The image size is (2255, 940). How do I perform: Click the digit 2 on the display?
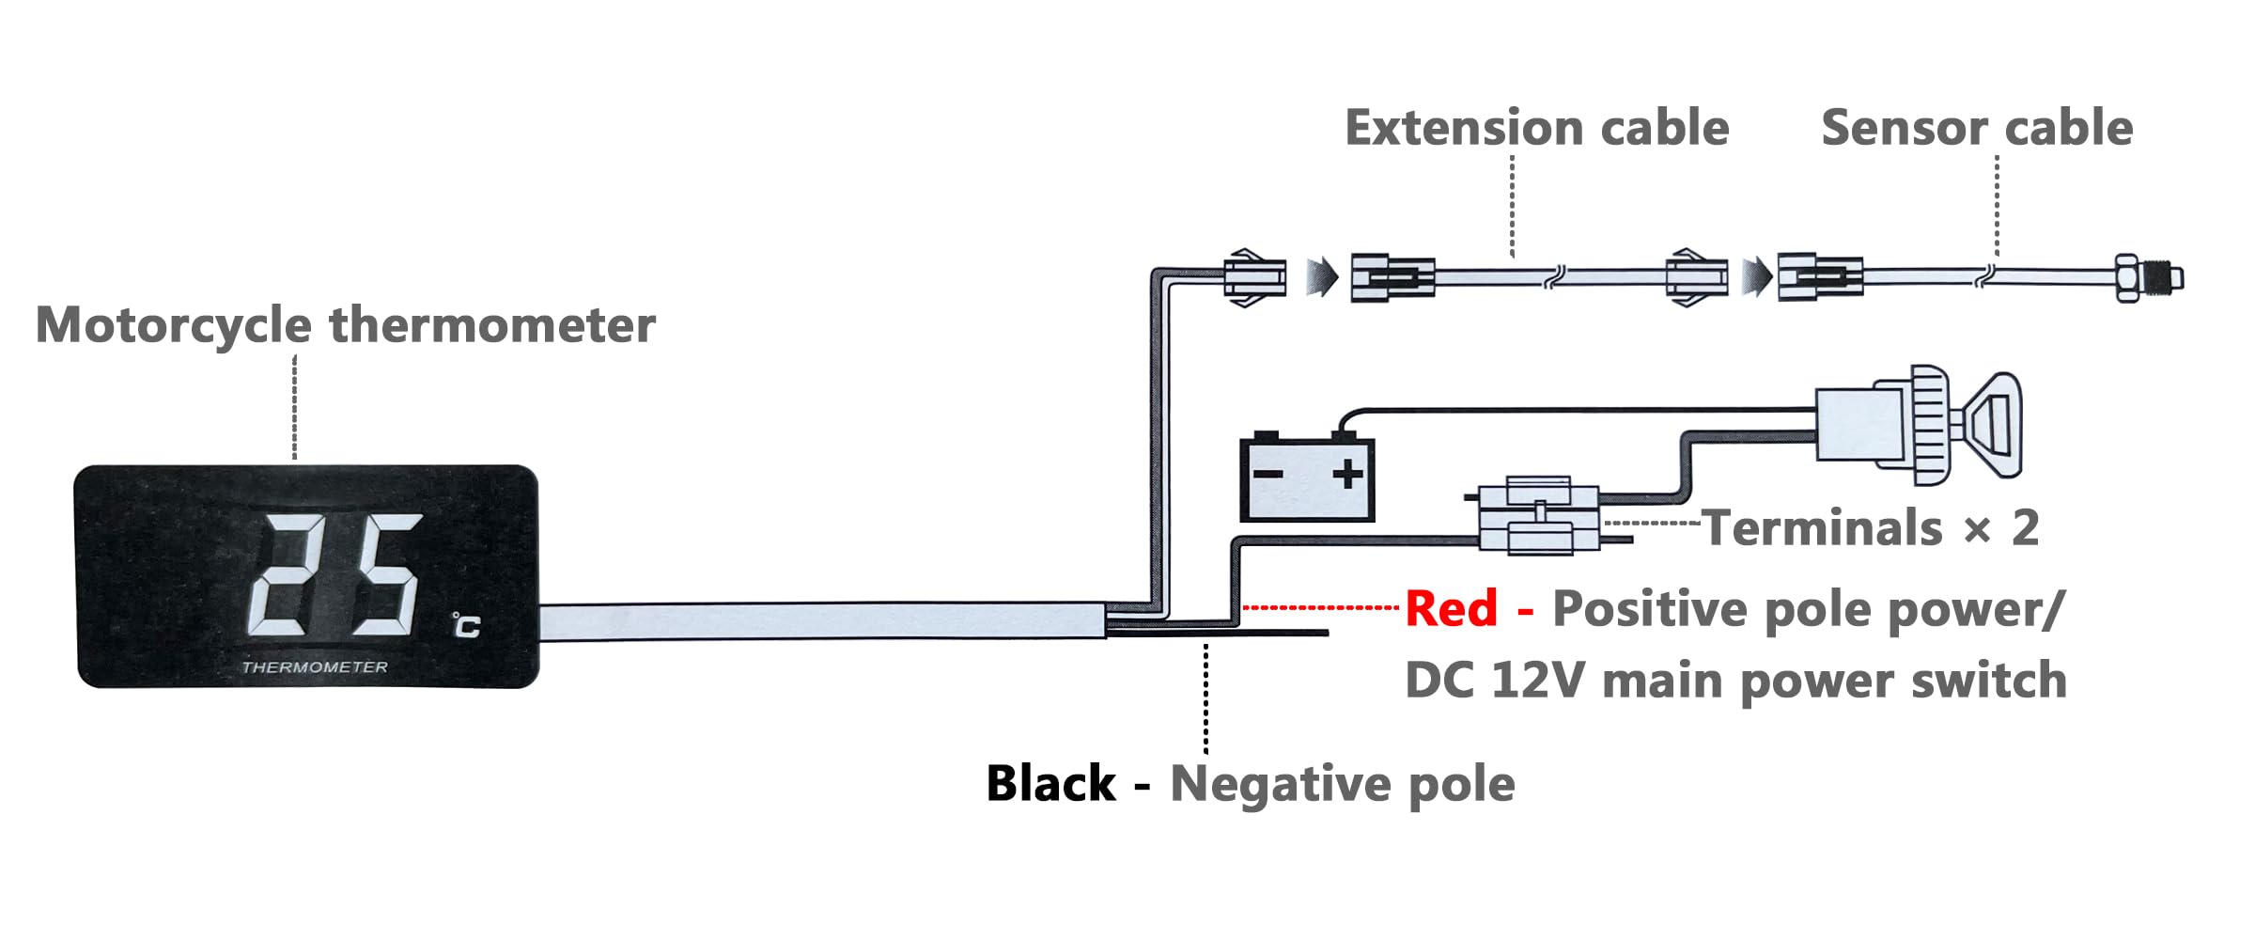click(297, 574)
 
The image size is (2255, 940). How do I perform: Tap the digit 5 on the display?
click(387, 574)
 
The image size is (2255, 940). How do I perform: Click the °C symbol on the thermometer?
click(466, 625)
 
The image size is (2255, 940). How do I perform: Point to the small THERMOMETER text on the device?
click(315, 667)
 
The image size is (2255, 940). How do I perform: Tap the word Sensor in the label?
click(1904, 128)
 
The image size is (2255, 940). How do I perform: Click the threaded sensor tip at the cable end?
click(2149, 277)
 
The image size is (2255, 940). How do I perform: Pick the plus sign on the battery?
click(1347, 474)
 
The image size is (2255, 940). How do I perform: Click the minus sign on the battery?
click(1267, 474)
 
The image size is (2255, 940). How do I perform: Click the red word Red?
click(1451, 608)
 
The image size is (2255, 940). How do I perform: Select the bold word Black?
click(1051, 784)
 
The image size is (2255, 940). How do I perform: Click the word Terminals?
click(1823, 528)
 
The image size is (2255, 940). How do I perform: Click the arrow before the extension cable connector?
click(1322, 277)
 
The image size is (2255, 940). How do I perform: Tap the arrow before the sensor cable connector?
click(1756, 277)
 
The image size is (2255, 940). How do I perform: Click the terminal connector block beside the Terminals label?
click(1538, 515)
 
